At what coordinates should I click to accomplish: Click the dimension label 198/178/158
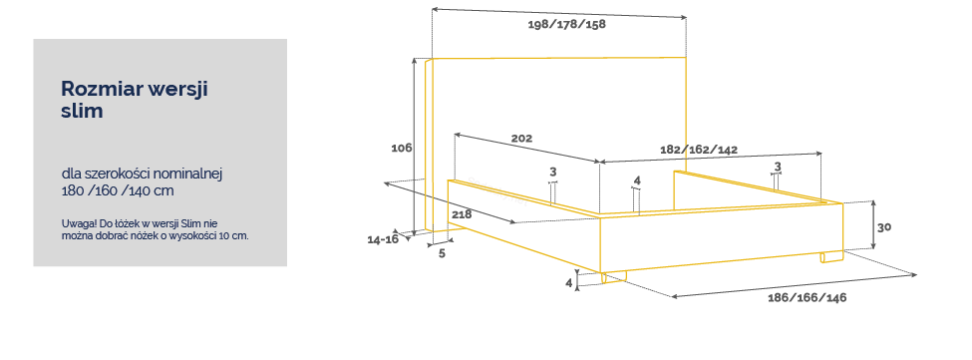pos(566,25)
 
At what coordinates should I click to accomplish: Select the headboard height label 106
pos(402,149)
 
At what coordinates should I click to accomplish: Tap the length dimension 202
pos(521,139)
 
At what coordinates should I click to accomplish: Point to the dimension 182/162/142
pos(699,150)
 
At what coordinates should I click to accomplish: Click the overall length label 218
pos(462,215)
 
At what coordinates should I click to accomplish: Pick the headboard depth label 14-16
pos(383,239)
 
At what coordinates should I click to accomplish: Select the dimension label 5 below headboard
pos(442,253)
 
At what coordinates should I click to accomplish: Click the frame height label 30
pos(884,226)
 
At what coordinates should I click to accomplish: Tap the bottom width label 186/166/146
pos(808,298)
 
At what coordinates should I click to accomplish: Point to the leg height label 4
pos(568,282)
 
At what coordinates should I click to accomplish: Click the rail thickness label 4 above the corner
pos(637,180)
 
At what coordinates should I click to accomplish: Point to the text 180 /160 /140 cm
pos(118,190)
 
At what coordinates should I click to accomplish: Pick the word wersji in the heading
pos(177,90)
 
